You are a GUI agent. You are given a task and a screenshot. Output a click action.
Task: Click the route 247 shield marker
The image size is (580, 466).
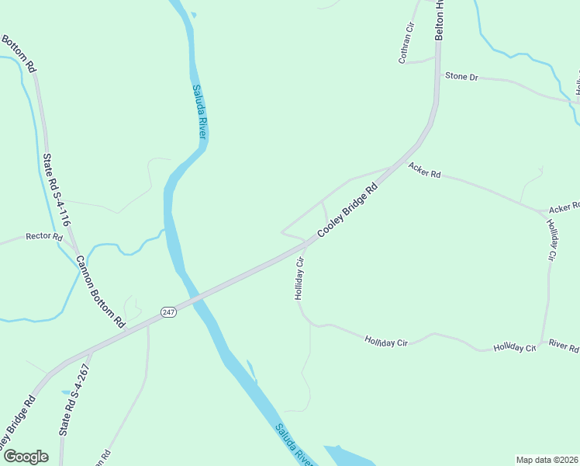coord(169,311)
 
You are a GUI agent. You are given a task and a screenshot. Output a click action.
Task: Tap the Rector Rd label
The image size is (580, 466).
coord(43,236)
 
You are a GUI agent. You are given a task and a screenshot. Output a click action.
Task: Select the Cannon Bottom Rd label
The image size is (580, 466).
coord(99,290)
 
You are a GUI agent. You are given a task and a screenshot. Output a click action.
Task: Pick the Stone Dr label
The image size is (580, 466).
coord(461,77)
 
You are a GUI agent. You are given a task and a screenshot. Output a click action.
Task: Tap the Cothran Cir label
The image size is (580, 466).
coord(406,43)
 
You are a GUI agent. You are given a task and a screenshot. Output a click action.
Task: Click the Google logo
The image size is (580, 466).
coord(25,457)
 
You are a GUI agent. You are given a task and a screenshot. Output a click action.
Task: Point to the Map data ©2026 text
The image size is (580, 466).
coord(547,460)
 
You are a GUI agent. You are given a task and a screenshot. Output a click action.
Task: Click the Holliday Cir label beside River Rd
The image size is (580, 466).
coord(514,347)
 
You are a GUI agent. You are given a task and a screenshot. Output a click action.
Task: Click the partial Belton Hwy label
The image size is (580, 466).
coord(439,20)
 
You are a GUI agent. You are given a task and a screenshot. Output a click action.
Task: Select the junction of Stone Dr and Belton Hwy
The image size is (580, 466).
coord(437,74)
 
